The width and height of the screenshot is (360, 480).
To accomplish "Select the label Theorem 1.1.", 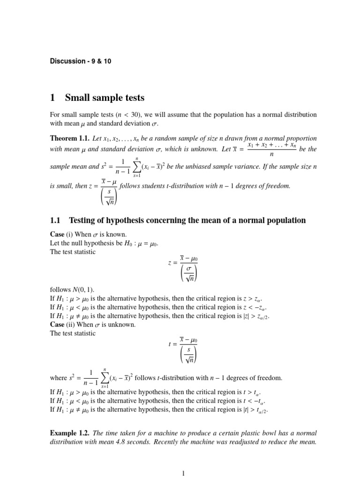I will pos(69,139).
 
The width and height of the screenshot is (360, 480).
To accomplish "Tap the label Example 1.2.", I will pos(69,433).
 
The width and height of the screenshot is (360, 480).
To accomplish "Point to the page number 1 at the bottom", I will pos(184,473).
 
